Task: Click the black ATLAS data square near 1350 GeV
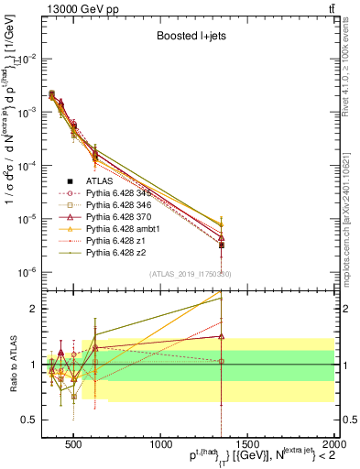[222, 245]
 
